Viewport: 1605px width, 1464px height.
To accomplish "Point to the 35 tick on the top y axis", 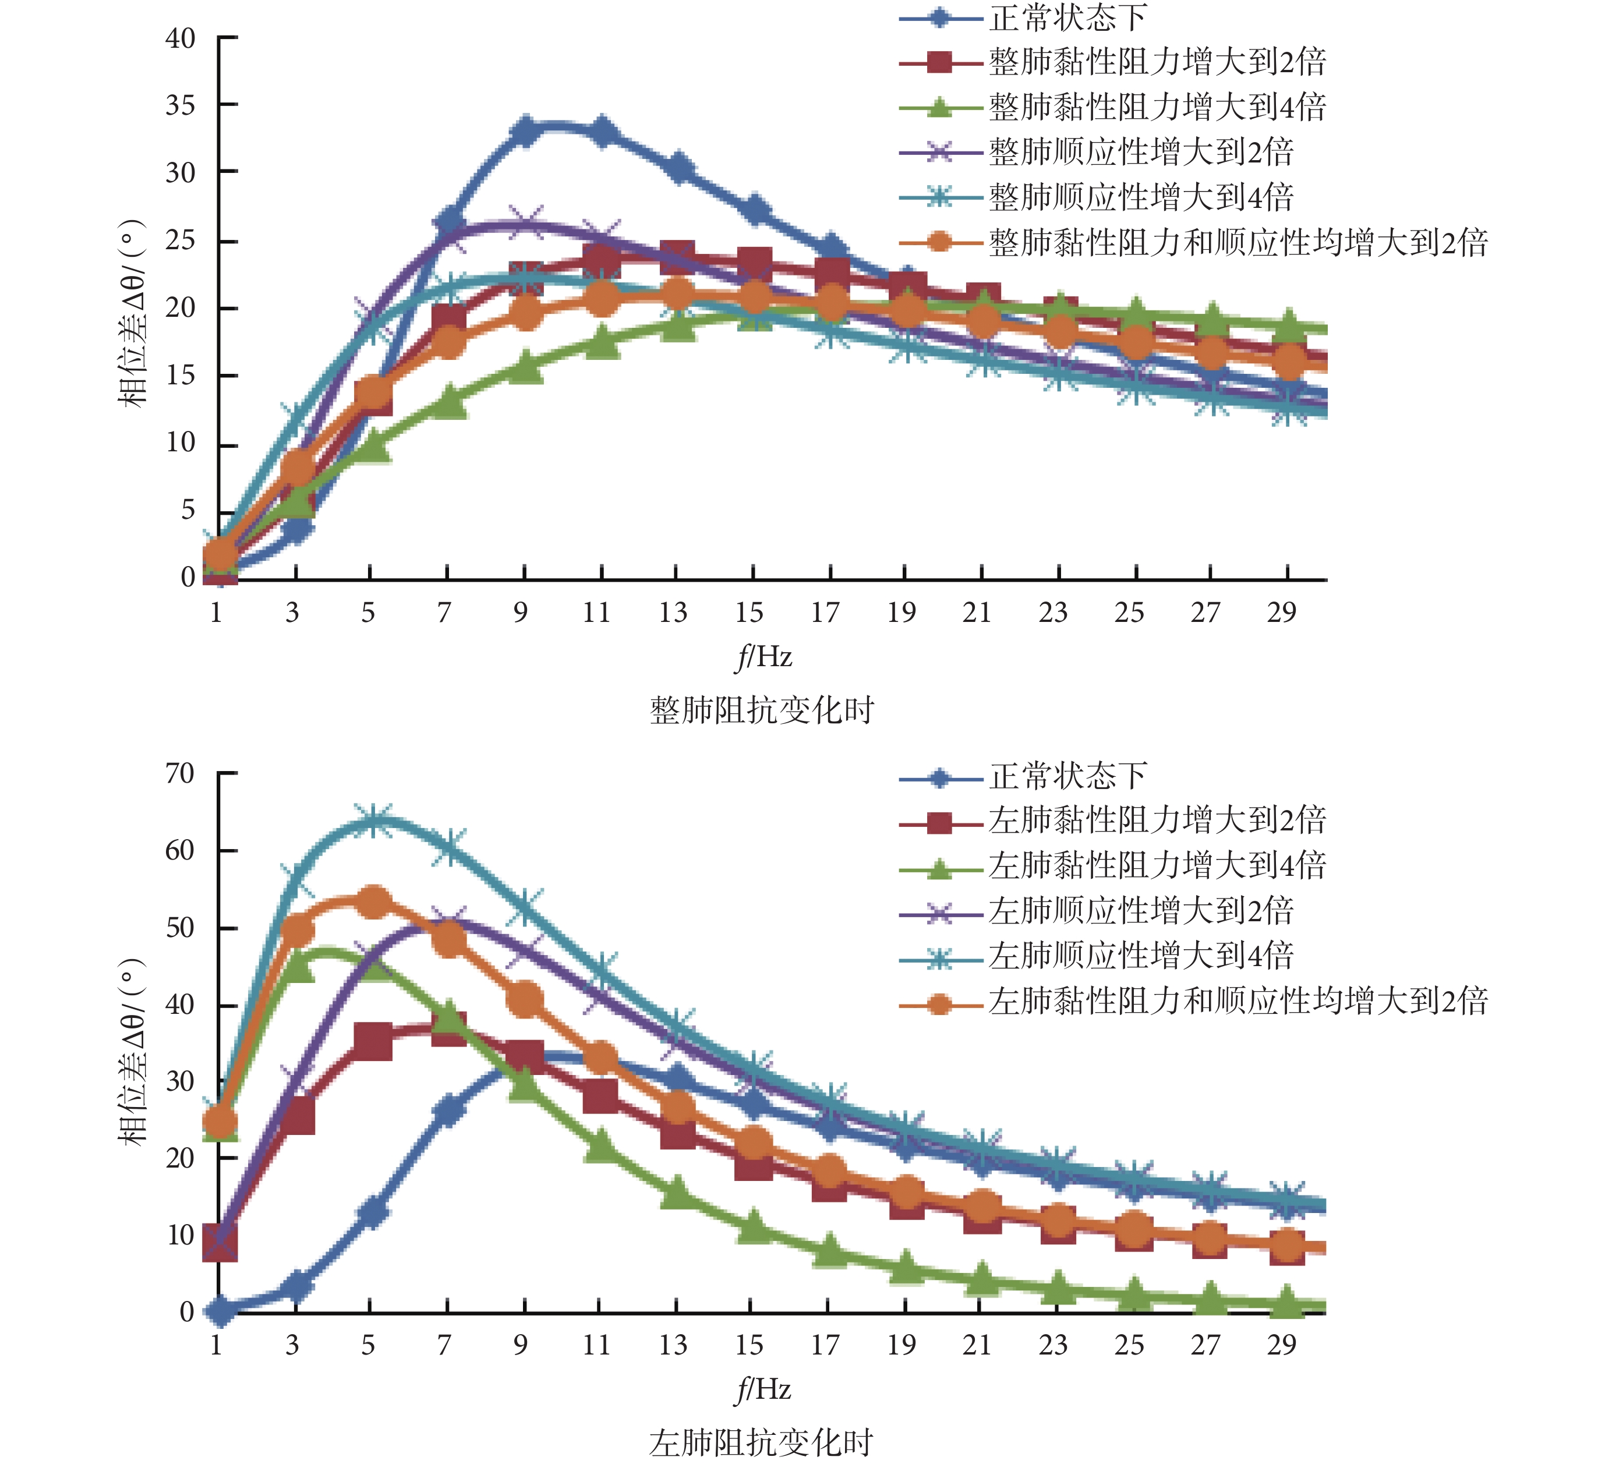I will pyautogui.click(x=181, y=105).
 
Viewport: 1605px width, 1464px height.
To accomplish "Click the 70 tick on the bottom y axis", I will pyautogui.click(x=181, y=773).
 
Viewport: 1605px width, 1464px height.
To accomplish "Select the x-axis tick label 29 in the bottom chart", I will pyautogui.click(x=1282, y=1345).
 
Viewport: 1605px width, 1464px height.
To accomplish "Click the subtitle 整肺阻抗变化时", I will pyautogui.click(x=762, y=709).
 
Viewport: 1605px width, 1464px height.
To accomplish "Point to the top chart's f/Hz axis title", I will pyautogui.click(x=763, y=657).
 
